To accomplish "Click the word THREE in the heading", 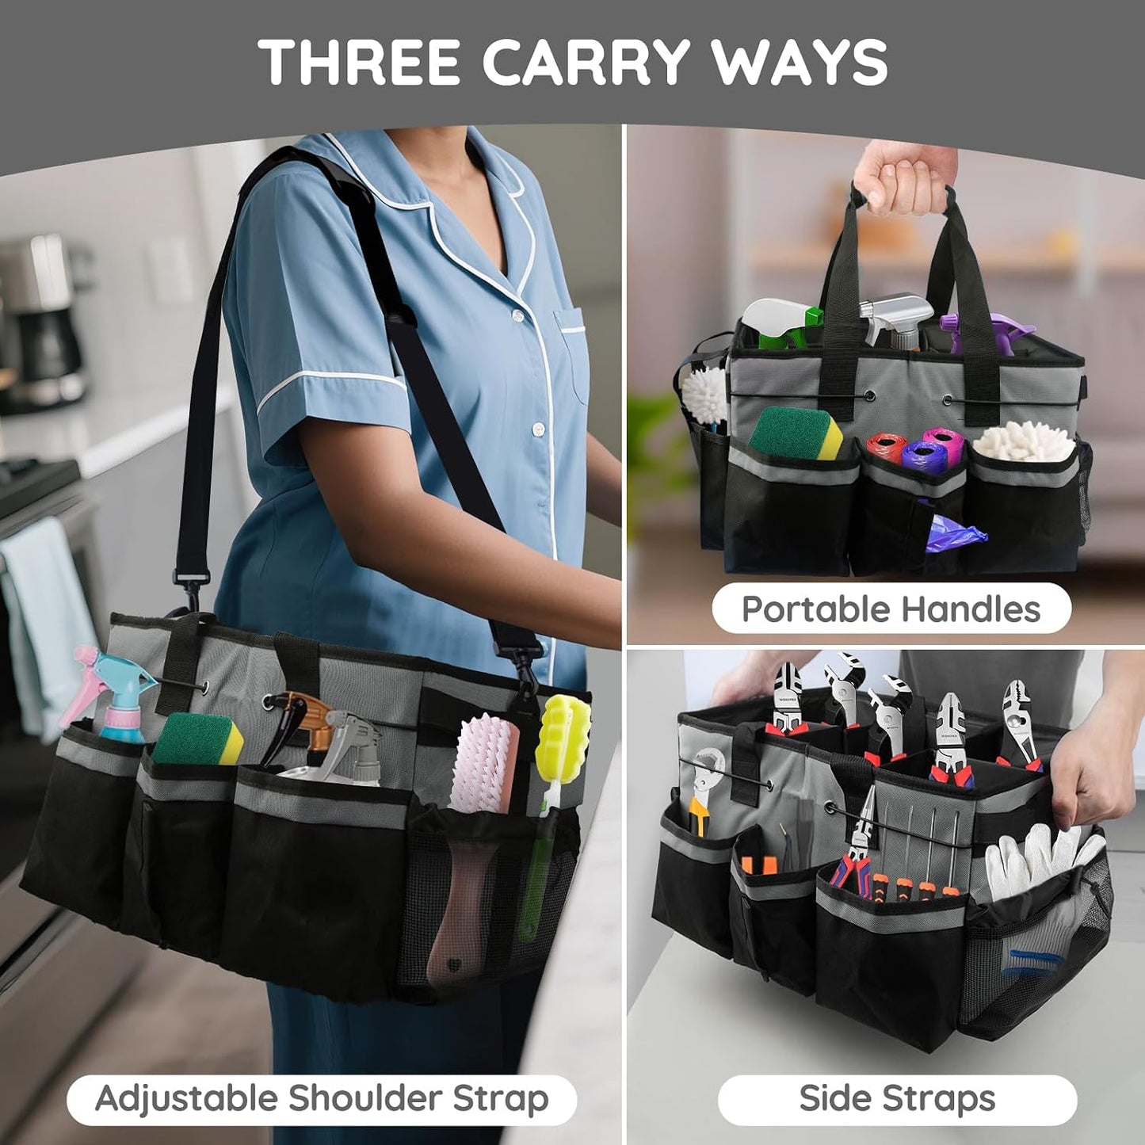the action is click(x=360, y=63).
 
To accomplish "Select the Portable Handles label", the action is click(x=891, y=609).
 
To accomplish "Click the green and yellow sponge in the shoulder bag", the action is click(x=198, y=738).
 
